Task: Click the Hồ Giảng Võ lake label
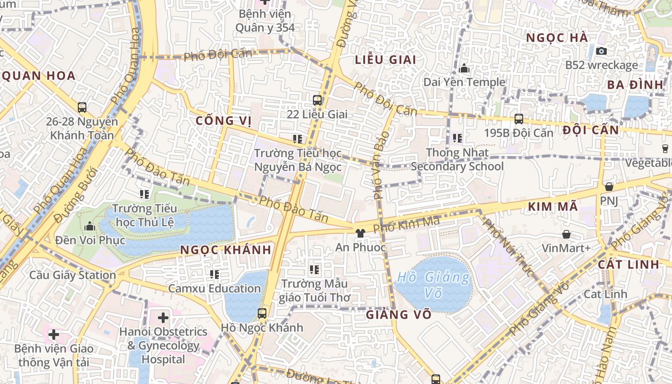point(433,285)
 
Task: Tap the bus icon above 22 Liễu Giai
point(317,100)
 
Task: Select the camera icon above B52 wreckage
point(601,51)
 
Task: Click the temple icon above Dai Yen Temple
point(464,69)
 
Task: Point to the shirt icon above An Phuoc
point(360,233)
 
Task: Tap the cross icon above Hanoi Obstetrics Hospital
point(163,317)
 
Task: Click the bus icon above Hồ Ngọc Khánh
point(262,313)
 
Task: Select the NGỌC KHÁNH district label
point(226,250)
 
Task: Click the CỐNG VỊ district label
point(224,120)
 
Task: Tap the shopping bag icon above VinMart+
point(566,234)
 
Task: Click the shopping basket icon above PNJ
point(609,187)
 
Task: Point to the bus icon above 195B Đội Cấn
point(518,119)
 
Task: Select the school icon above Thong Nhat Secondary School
point(457,139)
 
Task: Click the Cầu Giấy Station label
point(72,275)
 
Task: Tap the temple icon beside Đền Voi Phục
point(89,226)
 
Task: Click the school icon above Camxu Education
point(215,275)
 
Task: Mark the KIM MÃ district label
point(552,207)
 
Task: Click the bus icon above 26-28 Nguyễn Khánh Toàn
point(82,107)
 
